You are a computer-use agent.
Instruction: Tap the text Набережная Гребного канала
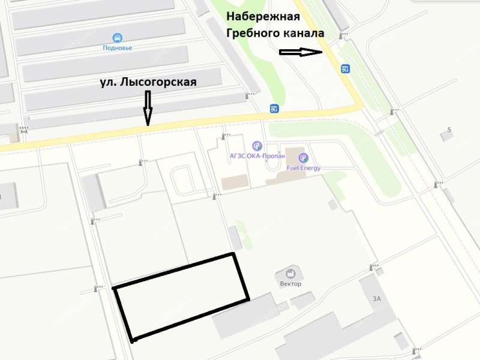[275, 25]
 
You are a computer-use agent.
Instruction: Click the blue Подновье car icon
[118, 37]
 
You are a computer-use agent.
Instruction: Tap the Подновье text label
[118, 47]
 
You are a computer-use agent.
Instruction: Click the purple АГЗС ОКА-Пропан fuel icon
[257, 145]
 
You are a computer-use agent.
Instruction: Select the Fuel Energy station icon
[304, 158]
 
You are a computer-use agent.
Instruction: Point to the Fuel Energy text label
[304, 168]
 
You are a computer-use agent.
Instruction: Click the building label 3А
[377, 298]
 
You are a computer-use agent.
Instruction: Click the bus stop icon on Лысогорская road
[274, 109]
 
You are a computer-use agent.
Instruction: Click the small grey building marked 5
[446, 137]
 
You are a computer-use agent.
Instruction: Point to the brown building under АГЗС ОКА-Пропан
[233, 182]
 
